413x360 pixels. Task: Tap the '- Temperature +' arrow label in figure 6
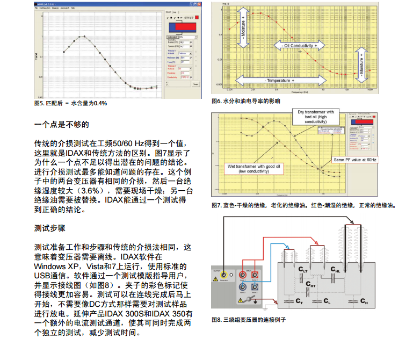279,80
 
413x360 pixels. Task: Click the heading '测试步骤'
50,228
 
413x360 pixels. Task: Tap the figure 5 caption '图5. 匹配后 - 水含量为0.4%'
70,103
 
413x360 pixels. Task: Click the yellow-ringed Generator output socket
223,275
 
